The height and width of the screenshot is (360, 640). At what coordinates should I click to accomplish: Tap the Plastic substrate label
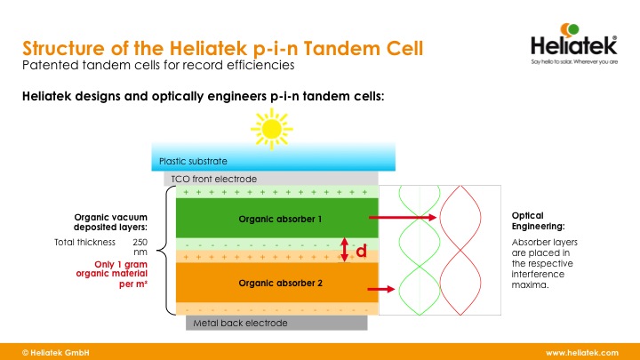193,162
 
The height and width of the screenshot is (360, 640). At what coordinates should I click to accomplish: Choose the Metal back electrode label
241,323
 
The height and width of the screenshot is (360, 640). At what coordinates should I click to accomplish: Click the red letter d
361,252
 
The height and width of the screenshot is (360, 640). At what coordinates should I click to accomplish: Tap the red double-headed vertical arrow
345,249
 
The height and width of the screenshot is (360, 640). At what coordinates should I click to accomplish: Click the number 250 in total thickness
140,242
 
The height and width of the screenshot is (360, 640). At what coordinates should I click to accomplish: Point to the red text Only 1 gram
121,264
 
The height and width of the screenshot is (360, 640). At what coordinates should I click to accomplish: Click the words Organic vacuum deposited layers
110,221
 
